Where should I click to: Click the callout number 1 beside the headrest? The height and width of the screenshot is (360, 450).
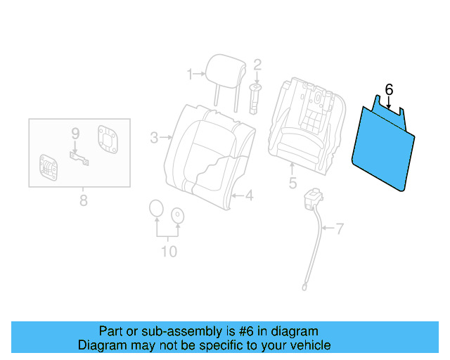[189, 73]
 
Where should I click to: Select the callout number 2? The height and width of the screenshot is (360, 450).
[257, 65]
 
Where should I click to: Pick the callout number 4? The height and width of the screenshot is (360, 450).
[248, 195]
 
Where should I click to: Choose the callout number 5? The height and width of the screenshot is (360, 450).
[292, 184]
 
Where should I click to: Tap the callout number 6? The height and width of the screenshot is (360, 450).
[389, 89]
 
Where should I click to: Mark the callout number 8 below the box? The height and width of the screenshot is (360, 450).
[83, 201]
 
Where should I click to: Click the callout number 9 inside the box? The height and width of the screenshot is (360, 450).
[75, 133]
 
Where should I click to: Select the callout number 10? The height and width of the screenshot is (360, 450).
[169, 252]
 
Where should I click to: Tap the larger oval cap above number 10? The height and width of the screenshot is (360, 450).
[156, 210]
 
